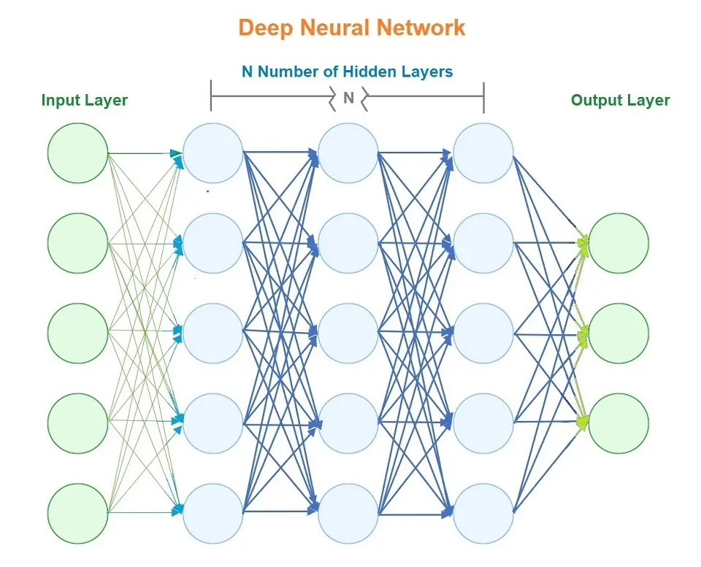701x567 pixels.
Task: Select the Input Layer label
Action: (x=85, y=100)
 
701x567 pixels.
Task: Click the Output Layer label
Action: (x=621, y=100)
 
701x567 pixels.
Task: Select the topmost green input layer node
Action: (x=77, y=153)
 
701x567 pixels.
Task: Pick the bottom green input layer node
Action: (x=77, y=513)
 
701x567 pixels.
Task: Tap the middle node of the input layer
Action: (x=77, y=333)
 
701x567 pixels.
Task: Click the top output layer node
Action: (x=618, y=244)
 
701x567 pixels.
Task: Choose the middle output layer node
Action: (x=618, y=333)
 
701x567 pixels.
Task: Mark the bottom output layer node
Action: (x=618, y=423)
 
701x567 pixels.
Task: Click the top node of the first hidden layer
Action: (x=212, y=153)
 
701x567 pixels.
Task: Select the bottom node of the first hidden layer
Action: (x=212, y=513)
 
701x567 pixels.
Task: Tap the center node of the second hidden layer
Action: (x=348, y=333)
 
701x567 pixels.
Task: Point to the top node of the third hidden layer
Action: (x=483, y=153)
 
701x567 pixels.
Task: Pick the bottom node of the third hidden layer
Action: (x=483, y=513)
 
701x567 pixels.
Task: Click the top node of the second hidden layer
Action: (x=348, y=153)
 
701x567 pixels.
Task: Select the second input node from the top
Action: (x=77, y=244)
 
